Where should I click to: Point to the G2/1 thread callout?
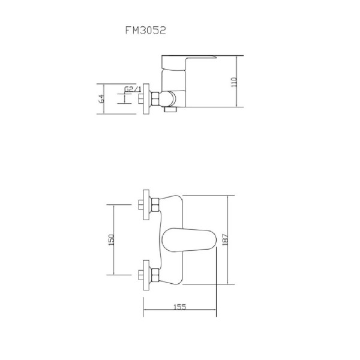click(x=132, y=90)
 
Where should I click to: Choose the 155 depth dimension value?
click(x=179, y=307)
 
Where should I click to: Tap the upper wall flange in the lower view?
click(x=144, y=205)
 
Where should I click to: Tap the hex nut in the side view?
click(x=157, y=97)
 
